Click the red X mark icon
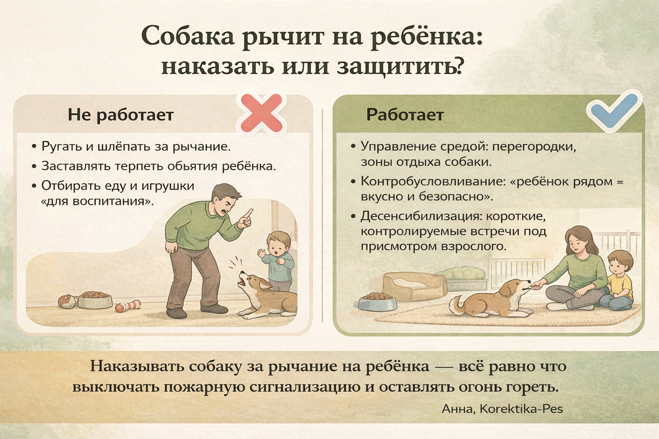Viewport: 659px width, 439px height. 261,113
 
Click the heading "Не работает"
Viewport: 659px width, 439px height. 121,114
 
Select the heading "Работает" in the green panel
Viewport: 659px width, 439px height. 405,114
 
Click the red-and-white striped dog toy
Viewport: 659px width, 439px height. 128,306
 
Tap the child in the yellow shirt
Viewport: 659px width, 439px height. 617,281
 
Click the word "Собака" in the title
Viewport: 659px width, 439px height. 188,36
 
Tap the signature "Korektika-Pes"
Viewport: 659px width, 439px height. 521,409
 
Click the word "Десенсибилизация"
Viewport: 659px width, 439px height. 421,216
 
